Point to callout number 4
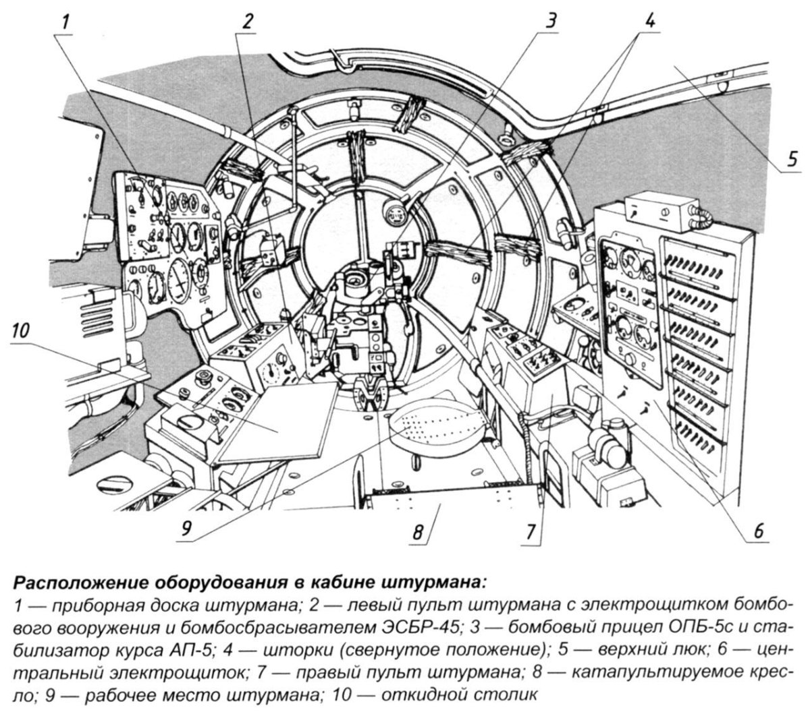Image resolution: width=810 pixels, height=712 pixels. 649,22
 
